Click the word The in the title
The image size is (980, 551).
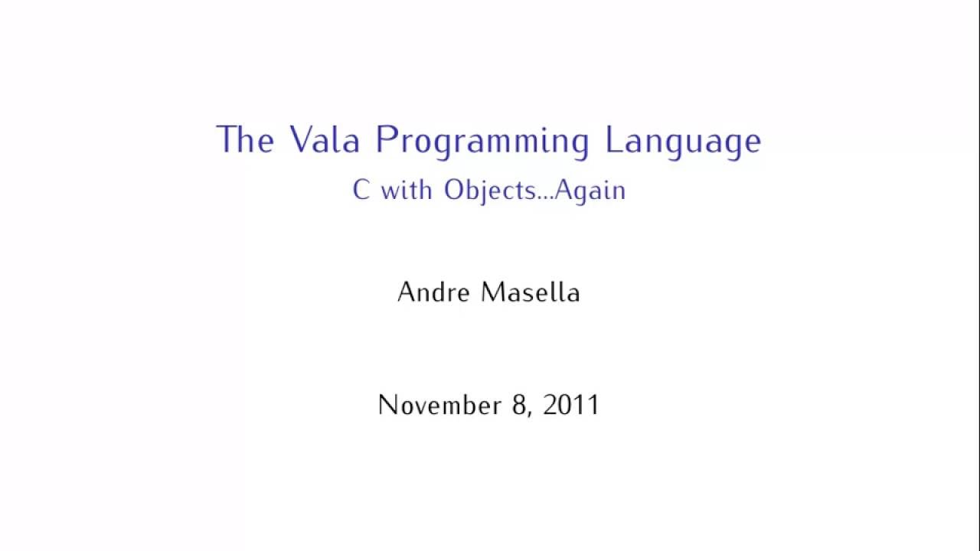click(245, 140)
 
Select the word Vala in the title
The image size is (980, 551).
click(325, 140)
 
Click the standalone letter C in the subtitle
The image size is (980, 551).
click(361, 190)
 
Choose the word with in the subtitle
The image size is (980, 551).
click(406, 189)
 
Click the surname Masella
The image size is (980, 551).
click(530, 292)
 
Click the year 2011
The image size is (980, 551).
click(571, 405)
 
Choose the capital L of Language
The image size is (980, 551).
click(612, 140)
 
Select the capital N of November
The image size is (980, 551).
click(387, 405)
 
